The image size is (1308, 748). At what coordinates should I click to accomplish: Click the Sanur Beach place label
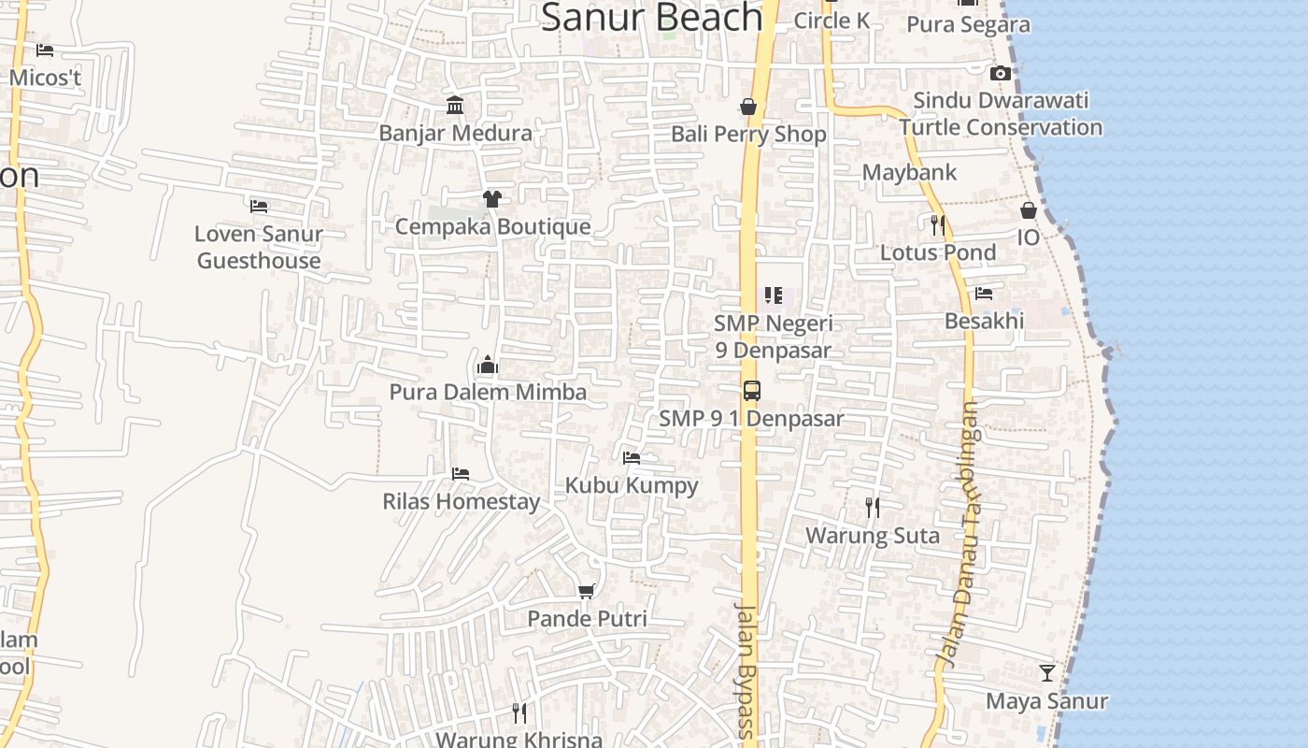(652, 17)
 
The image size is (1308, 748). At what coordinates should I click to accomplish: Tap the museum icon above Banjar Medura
(455, 105)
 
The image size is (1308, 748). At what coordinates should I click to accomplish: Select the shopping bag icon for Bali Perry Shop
(748, 107)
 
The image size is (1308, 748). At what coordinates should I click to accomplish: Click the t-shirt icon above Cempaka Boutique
(492, 198)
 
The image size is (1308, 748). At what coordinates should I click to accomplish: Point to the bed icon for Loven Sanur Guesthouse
(259, 206)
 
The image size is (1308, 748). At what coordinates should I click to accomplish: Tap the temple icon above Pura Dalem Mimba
(488, 365)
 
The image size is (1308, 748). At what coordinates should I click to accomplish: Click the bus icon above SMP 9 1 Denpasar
(752, 391)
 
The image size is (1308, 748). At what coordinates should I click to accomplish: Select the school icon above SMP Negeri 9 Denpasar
(773, 295)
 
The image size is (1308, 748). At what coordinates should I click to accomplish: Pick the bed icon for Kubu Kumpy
(632, 458)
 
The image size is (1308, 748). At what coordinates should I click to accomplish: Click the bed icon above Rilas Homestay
(461, 474)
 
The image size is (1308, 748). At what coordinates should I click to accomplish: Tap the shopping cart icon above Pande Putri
(587, 591)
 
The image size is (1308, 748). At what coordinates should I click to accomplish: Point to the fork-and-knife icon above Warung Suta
(873, 508)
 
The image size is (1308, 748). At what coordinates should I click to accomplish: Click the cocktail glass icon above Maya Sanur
(1047, 673)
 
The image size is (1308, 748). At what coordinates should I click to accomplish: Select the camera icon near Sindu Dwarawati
(1001, 73)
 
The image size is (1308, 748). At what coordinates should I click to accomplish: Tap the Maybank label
(909, 172)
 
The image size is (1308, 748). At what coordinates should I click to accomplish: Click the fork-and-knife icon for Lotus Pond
(938, 224)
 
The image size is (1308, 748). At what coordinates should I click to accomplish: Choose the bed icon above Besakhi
(984, 294)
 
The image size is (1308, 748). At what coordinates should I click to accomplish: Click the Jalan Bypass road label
(745, 671)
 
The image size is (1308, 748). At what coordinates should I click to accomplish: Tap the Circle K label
(832, 20)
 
